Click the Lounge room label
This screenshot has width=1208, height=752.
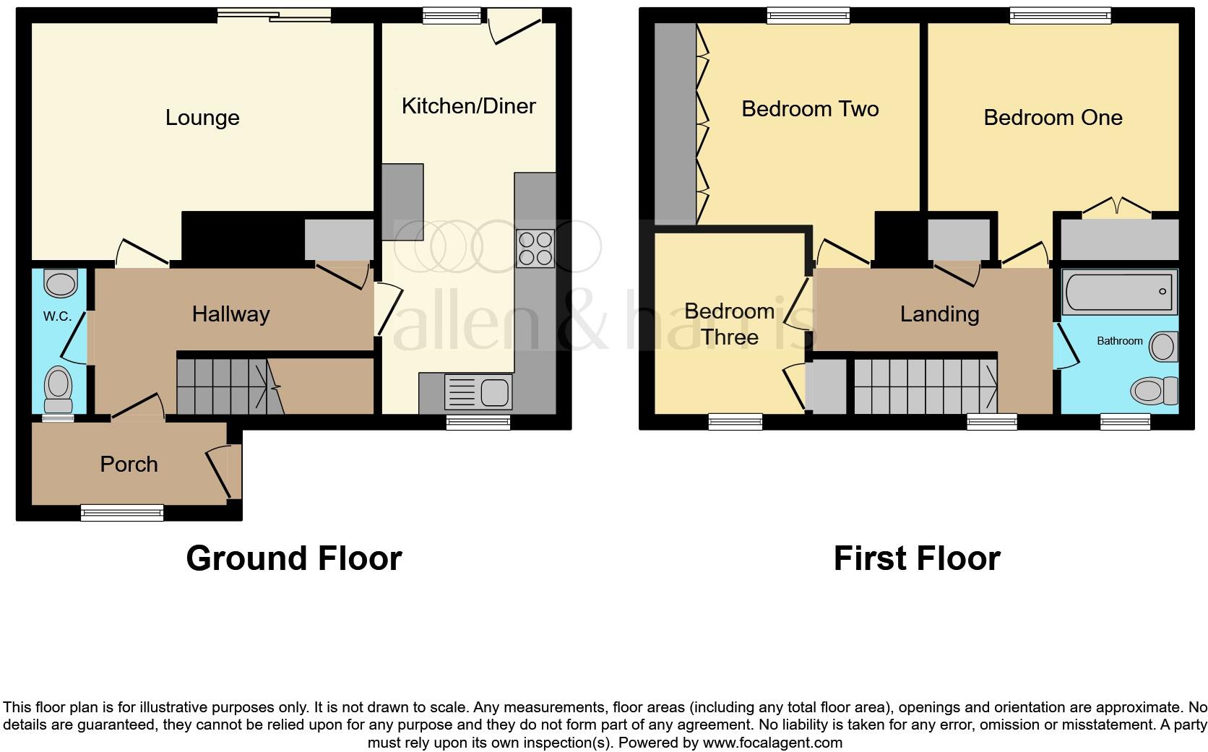(202, 118)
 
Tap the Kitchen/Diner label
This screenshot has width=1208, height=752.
(468, 106)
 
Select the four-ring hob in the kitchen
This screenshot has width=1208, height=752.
(535, 248)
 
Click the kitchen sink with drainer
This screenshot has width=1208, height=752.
(479, 393)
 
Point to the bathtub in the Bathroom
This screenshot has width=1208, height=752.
(1119, 292)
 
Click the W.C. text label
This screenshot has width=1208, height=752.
(57, 316)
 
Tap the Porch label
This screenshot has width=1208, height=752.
(129, 464)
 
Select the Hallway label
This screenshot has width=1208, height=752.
(230, 314)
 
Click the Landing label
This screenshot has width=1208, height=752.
(939, 314)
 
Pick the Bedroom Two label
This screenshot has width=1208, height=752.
(810, 109)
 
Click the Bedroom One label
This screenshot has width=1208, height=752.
(1053, 118)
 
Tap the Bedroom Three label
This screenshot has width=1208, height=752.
(729, 324)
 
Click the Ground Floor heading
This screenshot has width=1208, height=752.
(293, 558)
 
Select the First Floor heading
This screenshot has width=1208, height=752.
(916, 558)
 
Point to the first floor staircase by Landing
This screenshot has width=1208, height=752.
(926, 386)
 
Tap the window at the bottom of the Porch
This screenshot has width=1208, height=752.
(122, 513)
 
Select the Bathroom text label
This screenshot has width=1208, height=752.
(1119, 341)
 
